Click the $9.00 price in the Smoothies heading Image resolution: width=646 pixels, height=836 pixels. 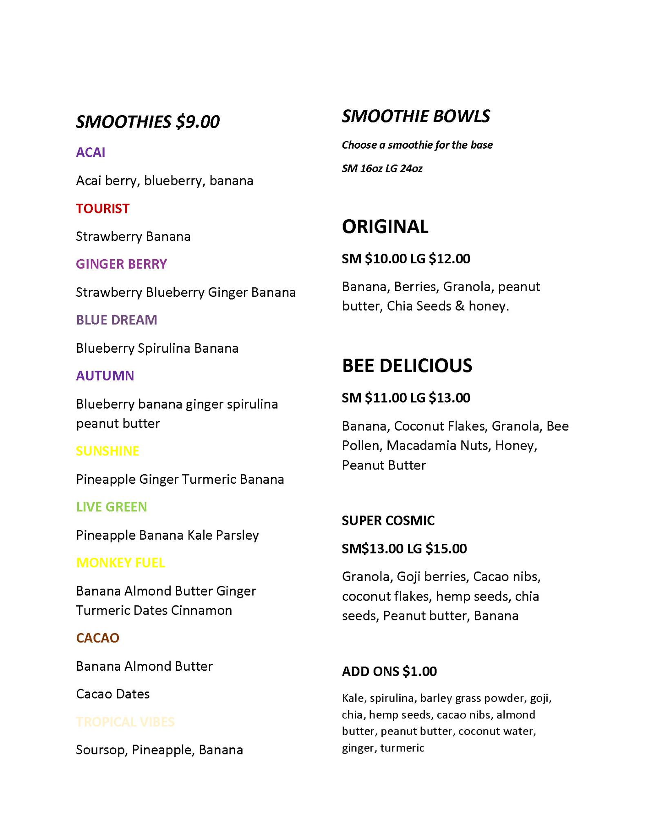click(198, 122)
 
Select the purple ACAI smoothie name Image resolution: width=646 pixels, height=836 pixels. click(91, 152)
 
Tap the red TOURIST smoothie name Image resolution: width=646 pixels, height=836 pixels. click(102, 209)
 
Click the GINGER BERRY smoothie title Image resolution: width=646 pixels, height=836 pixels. click(121, 264)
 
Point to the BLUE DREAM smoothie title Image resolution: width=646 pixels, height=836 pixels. click(116, 320)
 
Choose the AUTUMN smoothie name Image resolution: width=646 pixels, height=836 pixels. click(105, 376)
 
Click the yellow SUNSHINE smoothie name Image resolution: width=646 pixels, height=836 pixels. click(107, 451)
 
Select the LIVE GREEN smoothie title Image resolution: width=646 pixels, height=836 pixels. click(111, 507)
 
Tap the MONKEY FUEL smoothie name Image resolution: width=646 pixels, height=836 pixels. click(120, 563)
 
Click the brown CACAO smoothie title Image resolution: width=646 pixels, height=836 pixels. click(98, 638)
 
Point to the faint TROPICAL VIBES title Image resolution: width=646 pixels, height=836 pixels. click(125, 722)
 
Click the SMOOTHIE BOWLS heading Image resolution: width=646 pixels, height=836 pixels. click(416, 116)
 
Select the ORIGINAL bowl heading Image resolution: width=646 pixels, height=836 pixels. click(385, 227)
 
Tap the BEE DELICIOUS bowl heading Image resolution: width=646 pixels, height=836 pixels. click(407, 365)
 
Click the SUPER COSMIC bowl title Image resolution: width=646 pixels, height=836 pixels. click(388, 520)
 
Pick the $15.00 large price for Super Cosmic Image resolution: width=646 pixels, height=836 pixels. click(446, 549)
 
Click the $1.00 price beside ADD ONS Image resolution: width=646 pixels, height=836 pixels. click(419, 671)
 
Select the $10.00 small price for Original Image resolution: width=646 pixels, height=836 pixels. click(385, 259)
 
